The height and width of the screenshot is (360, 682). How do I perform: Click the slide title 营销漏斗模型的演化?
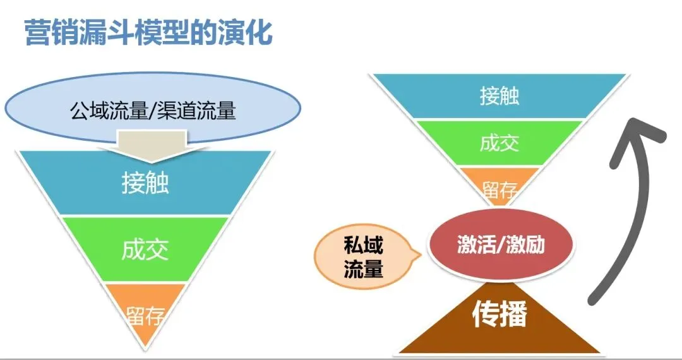(148, 33)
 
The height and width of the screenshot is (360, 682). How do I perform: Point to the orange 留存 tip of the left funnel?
(145, 313)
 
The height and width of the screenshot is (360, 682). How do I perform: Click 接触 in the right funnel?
(499, 97)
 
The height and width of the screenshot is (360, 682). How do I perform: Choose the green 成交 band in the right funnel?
(499, 143)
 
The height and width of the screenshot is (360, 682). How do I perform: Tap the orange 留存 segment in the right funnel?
(499, 184)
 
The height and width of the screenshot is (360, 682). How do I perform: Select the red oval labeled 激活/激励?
(501, 244)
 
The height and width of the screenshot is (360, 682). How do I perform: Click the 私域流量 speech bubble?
(362, 258)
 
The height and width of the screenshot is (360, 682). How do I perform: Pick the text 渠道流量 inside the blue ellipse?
(200, 111)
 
